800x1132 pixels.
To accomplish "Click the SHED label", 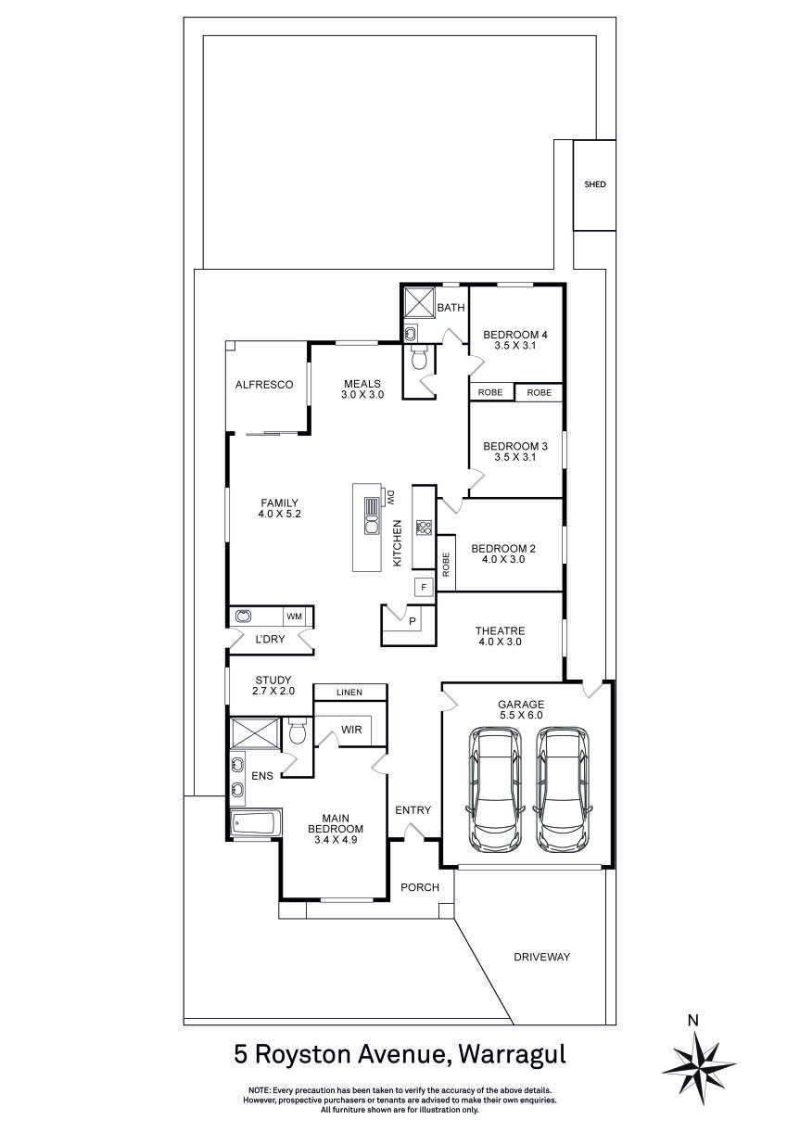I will (594, 184).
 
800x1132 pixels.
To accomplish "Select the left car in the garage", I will (497, 789).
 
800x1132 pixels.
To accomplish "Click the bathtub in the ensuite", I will (254, 823).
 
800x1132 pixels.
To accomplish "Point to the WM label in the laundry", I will (294, 617).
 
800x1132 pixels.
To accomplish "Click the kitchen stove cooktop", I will (424, 528).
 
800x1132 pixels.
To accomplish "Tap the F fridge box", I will (424, 587).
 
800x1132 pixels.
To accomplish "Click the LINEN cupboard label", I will (349, 693).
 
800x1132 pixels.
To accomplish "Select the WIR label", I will (351, 730).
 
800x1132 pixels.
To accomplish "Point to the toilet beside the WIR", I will (298, 732).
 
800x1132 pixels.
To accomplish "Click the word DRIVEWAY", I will (542, 957).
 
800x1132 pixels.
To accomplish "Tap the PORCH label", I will (419, 887).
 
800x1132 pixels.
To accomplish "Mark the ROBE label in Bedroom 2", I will (447, 565).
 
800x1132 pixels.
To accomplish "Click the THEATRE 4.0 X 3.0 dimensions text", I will (501, 642).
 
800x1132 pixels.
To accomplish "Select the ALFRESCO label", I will (264, 385).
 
